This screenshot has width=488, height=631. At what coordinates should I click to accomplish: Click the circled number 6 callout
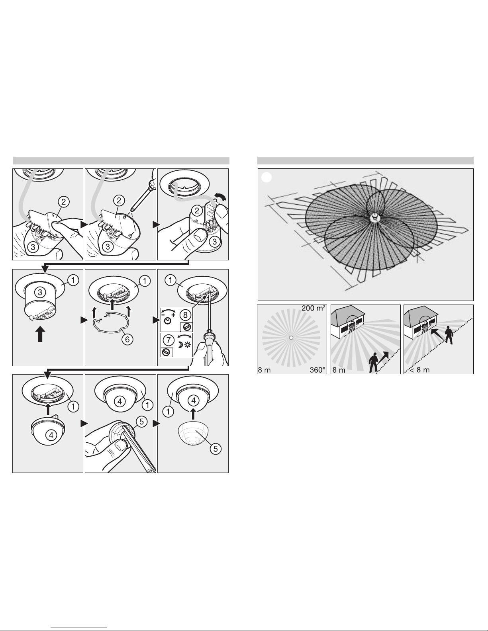127,339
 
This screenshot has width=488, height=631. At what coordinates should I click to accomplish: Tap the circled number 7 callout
169,340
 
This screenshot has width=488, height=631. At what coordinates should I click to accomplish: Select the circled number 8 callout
185,315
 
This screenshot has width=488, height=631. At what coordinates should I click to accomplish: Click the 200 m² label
313,309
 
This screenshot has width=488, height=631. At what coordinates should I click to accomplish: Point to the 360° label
317,370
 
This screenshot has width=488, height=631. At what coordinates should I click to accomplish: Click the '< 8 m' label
419,370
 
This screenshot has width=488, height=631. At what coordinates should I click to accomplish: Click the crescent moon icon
180,345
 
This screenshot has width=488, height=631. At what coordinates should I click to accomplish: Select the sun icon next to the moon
187,345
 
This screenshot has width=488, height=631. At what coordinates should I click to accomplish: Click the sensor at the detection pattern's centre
374,218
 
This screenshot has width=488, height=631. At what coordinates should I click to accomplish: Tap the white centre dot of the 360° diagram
291,338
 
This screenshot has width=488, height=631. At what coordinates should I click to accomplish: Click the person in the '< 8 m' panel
449,335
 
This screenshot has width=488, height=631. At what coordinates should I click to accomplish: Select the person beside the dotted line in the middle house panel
373,362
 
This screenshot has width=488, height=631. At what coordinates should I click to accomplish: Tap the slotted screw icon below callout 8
186,327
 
